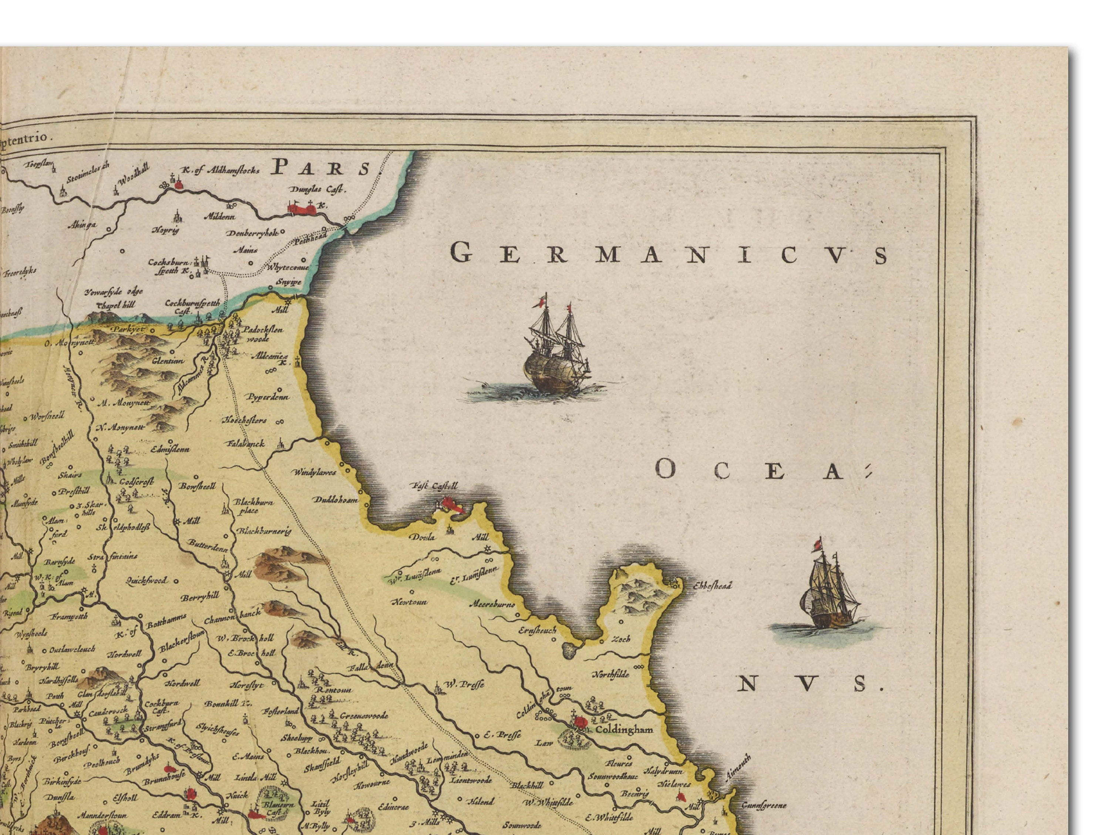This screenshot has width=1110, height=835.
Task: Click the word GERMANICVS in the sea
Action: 669,254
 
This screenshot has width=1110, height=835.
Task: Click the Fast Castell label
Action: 434,486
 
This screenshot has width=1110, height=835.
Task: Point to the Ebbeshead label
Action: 713,586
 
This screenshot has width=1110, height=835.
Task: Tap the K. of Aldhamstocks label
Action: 220,171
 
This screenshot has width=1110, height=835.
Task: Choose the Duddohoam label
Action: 335,500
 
